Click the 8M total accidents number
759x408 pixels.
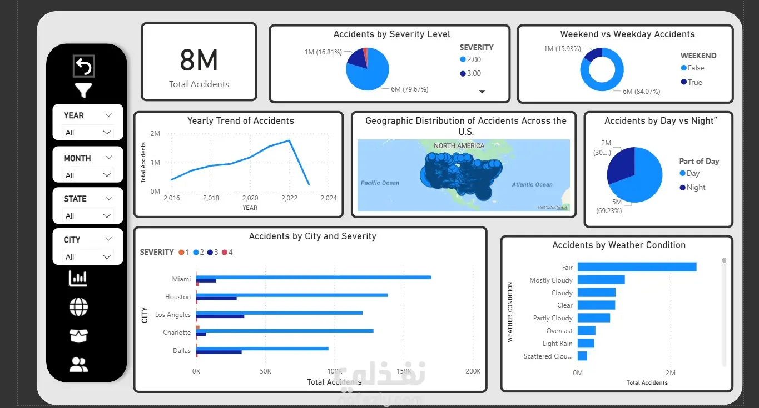pos(199,60)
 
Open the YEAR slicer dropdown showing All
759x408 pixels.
pos(88,133)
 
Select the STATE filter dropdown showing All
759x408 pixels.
pos(88,216)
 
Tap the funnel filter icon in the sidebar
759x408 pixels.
pos(83,90)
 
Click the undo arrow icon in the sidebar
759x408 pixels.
pos(83,67)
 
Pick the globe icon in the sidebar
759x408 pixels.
pos(78,307)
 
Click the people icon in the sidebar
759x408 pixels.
pos(78,365)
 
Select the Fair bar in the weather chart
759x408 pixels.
pos(637,267)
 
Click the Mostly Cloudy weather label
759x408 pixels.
pos(550,280)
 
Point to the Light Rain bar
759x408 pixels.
pos(586,344)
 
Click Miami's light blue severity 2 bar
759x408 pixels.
pos(314,277)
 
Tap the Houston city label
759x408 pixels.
pos(178,297)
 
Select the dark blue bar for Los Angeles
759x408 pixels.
pos(220,316)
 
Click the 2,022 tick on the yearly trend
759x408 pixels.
pos(289,198)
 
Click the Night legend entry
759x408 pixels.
pos(695,188)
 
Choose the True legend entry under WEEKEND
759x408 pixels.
pos(694,82)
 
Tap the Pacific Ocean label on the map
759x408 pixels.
pos(380,183)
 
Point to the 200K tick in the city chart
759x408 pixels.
pos(473,371)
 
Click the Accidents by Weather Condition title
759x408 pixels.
pos(618,245)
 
